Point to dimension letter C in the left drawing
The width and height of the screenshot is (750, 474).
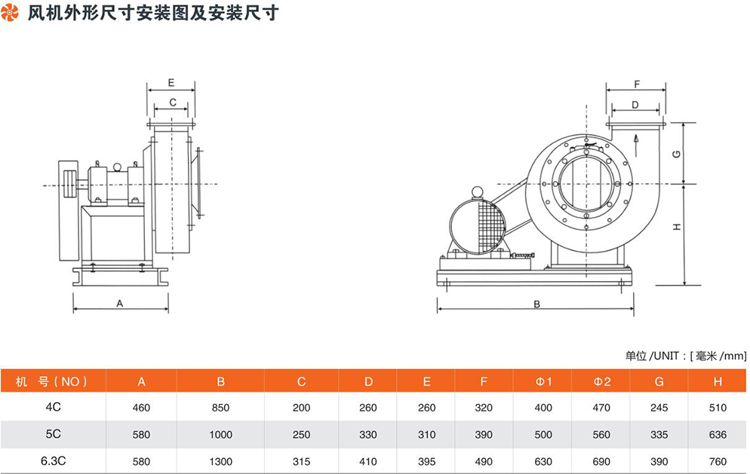[172, 102]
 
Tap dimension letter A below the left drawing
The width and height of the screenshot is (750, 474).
[119, 303]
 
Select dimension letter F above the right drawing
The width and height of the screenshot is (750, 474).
[636, 84]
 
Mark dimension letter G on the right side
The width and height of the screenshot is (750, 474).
[678, 154]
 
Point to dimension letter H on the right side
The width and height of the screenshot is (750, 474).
[678, 227]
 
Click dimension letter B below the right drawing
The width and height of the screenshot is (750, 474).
[536, 304]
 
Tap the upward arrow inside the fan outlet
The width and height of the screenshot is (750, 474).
[637, 139]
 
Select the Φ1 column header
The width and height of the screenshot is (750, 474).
[544, 381]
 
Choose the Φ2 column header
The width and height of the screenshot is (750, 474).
[602, 381]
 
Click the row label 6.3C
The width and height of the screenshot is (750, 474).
[53, 460]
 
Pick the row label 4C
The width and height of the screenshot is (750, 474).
[53, 408]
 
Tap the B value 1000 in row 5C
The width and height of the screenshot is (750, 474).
[221, 435]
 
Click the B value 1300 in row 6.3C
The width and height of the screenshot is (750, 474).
[221, 461]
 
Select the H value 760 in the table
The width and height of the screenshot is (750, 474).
[718, 461]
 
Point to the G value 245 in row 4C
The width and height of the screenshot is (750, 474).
[659, 408]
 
